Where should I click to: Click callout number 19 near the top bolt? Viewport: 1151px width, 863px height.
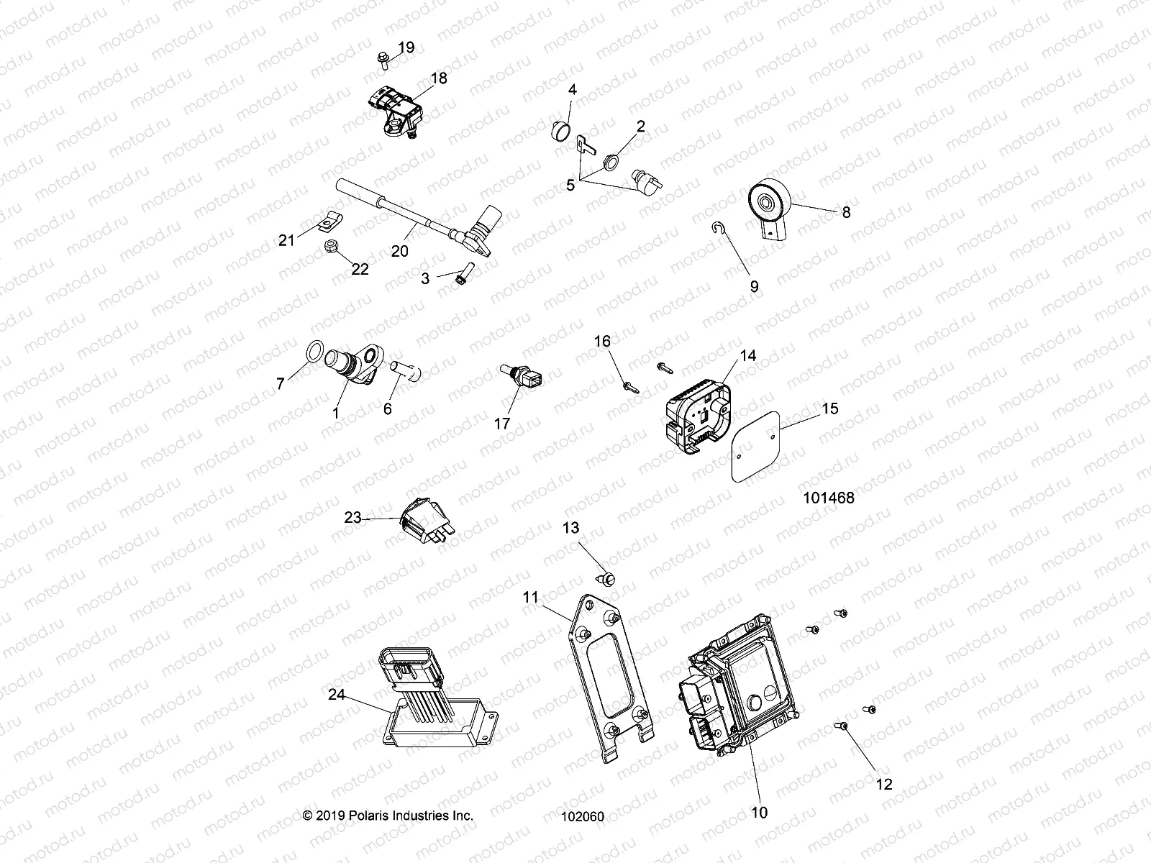(x=406, y=48)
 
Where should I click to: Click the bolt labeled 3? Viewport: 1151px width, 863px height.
(x=462, y=273)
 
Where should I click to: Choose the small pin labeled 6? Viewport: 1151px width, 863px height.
(x=406, y=371)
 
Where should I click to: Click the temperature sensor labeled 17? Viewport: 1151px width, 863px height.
(x=521, y=378)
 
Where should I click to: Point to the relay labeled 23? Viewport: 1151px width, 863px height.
(x=424, y=528)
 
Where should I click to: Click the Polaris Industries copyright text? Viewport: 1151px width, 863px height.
(x=388, y=816)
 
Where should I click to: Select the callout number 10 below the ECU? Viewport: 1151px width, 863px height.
(x=760, y=813)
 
